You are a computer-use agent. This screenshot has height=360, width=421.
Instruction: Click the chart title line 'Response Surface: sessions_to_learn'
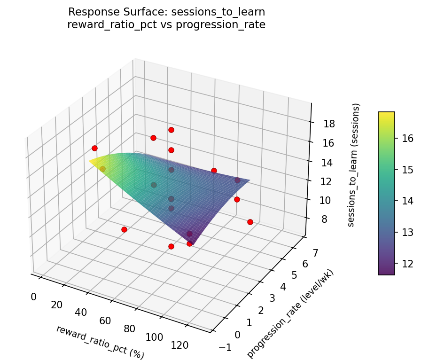tap(166, 12)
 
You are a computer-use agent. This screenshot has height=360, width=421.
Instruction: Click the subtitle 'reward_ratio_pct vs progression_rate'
tap(166, 24)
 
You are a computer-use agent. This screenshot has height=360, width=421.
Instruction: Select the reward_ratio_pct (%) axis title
tap(100, 342)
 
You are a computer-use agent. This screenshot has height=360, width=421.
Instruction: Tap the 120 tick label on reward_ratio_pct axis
tap(179, 345)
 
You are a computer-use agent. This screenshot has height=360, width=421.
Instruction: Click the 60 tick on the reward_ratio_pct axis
tap(105, 321)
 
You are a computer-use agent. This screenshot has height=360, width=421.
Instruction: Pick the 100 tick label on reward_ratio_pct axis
tap(154, 337)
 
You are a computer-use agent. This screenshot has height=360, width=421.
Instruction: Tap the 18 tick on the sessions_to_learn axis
tap(329, 124)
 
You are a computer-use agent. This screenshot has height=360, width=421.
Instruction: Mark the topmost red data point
tap(171, 130)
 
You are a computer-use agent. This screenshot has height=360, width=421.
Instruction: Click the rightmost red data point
tap(250, 222)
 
